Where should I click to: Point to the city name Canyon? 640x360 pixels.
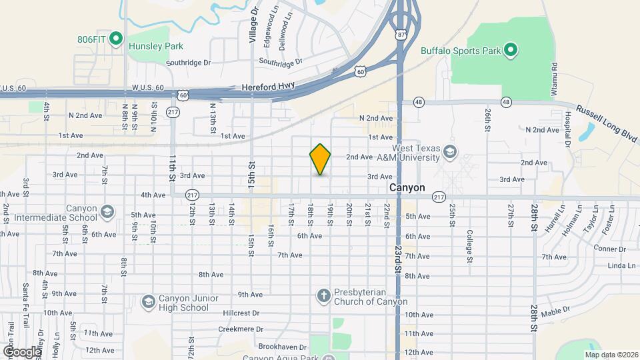coord(407,188)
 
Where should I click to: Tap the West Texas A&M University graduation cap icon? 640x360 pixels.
coord(450,153)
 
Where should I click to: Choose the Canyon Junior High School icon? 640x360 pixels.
coord(147,301)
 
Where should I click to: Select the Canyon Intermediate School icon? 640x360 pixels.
coord(107,212)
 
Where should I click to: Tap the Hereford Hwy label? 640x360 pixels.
coord(265,87)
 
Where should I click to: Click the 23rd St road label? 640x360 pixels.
coord(398,260)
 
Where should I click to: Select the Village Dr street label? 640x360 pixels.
coord(253,25)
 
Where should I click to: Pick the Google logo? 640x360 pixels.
coord(21,351)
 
